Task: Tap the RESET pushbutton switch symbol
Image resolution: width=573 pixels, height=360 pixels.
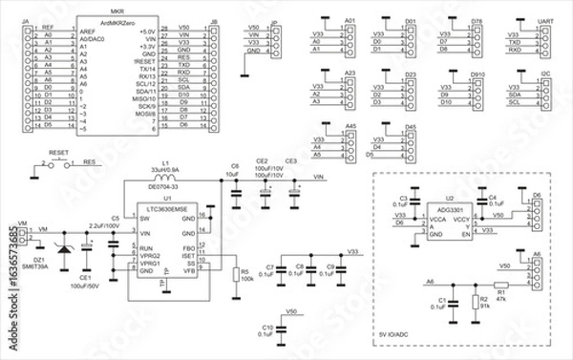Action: (56, 164)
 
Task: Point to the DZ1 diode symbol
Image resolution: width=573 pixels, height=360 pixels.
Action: (64, 250)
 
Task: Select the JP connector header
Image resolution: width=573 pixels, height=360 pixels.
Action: (277, 38)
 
